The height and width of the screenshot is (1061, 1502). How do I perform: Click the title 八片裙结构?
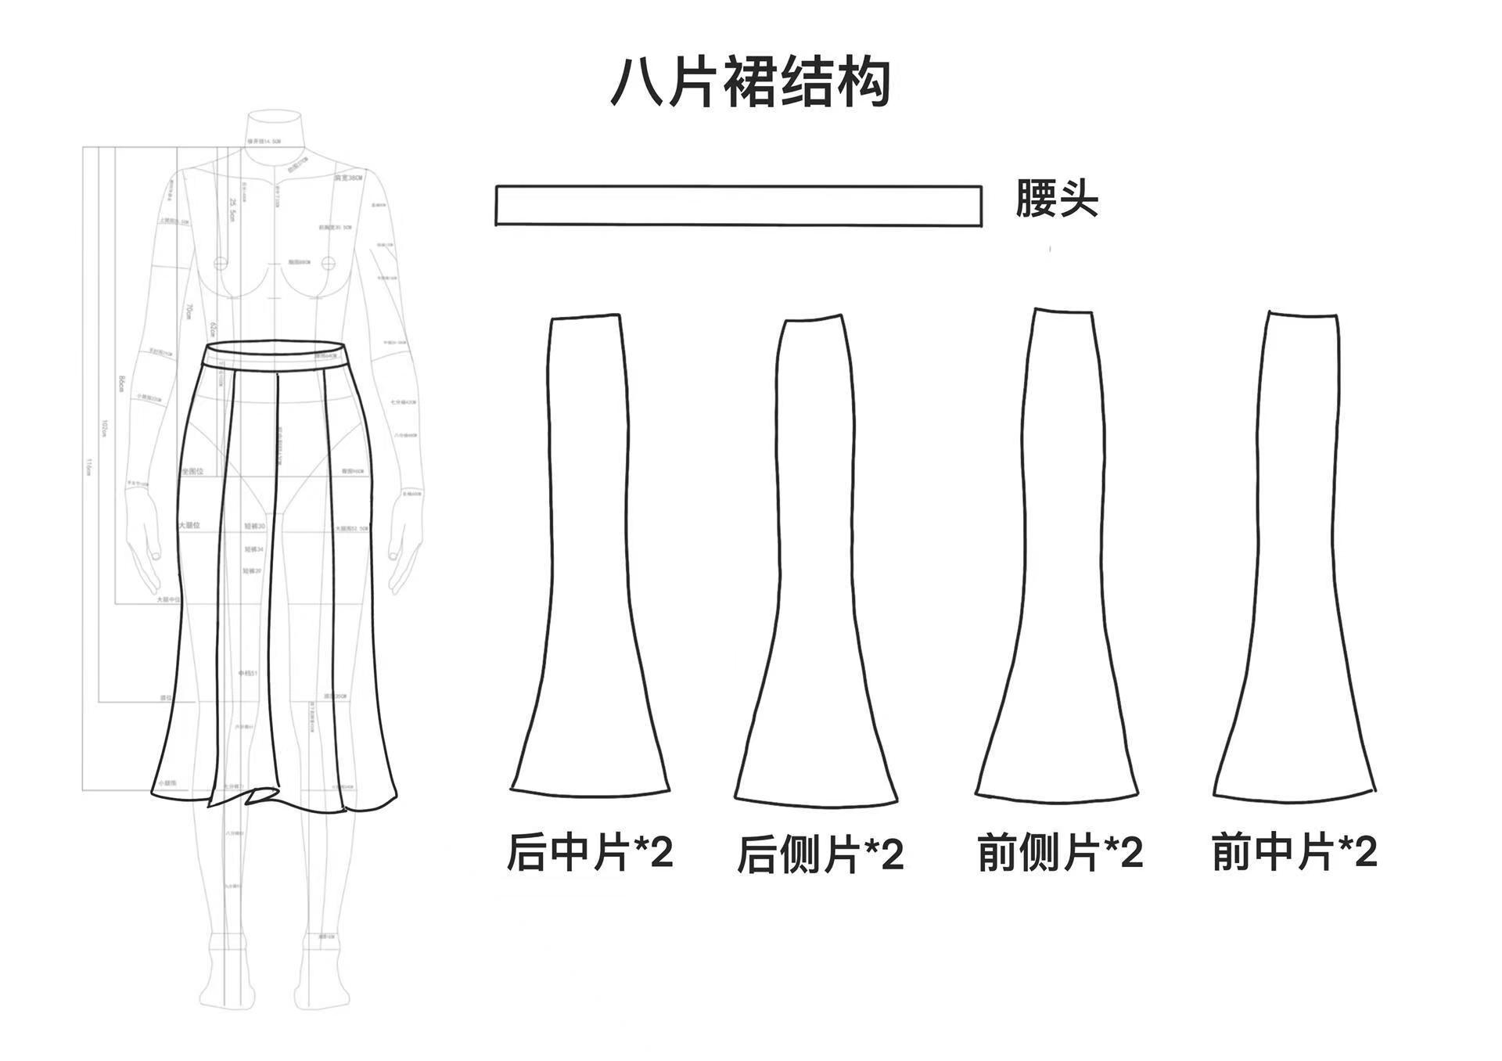750,81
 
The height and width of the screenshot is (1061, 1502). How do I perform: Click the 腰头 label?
1056,198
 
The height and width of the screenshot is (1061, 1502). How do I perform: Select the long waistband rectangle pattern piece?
738,206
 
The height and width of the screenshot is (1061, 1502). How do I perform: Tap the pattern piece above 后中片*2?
589,548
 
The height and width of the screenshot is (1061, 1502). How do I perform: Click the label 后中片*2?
589,852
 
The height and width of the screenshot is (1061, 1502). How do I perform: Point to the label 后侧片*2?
820,854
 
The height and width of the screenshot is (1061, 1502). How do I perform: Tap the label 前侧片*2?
1060,852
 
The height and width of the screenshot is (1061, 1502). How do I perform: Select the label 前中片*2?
1294,851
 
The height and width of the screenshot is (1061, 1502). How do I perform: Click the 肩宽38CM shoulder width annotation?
349,178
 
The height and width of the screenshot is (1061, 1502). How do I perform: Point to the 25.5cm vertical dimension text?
232,209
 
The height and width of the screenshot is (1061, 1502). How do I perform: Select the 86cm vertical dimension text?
122,383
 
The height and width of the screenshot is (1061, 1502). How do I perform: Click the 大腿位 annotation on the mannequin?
190,525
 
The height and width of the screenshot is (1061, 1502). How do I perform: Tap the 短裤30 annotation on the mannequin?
253,527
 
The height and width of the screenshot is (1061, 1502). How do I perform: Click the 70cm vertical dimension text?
189,311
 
